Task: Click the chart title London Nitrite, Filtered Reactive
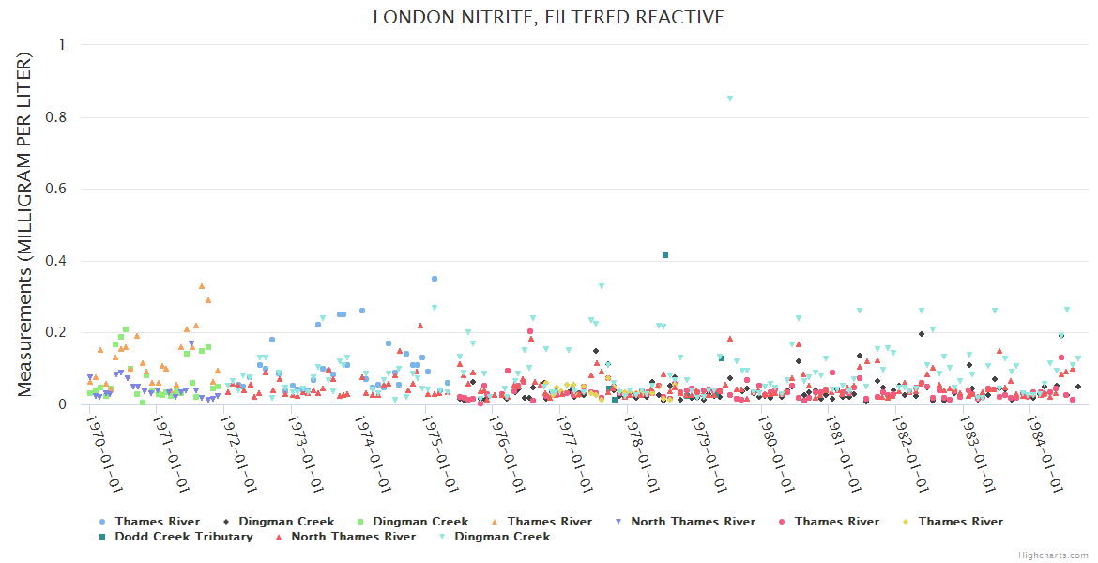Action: (548, 18)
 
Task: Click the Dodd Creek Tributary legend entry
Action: (184, 537)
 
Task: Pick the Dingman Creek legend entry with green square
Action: (420, 522)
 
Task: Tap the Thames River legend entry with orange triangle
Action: (550, 522)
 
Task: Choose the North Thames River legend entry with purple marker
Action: (693, 522)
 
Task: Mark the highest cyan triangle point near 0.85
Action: (730, 99)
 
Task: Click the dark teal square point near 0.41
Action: (665, 255)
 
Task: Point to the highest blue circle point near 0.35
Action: (435, 279)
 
